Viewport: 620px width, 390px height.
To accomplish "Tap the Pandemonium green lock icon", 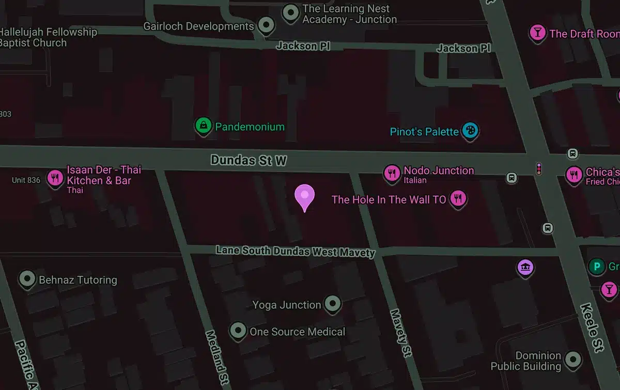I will pos(204,126).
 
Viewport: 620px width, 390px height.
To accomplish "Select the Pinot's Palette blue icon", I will pos(470,130).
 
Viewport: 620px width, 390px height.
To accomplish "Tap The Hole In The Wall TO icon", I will pos(458,198).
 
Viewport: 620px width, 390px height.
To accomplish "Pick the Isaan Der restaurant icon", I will pos(55,178).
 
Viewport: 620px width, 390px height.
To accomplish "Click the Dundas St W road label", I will pos(249,161).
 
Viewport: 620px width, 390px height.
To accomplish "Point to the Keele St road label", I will pos(592,327).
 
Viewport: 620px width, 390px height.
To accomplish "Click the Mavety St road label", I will pos(400,333).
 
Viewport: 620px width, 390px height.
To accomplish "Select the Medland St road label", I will pos(217,357).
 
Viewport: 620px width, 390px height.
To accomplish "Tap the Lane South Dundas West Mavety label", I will pos(295,252).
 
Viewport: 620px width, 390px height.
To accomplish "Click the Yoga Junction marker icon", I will pos(332,304).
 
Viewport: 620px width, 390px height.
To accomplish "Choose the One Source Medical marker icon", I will pos(238,330).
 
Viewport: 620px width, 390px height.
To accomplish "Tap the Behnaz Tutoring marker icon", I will pos(27,279).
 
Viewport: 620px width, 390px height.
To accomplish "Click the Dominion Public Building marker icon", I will pos(572,359).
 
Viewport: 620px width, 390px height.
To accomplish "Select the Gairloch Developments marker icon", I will pos(267,24).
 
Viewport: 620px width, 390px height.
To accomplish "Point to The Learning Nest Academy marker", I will pos(291,11).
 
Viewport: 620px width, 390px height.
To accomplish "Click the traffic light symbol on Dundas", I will pos(539,168).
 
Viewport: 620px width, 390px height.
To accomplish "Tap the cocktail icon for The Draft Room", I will pos(537,33).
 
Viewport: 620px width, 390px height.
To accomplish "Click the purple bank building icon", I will pos(525,267).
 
